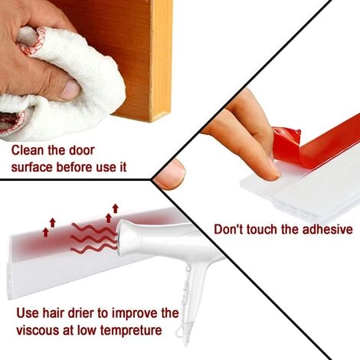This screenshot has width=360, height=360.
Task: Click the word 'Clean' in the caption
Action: click(x=28, y=150)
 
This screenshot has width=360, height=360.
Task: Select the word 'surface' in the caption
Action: click(x=32, y=168)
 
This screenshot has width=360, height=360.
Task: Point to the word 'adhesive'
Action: click(x=328, y=229)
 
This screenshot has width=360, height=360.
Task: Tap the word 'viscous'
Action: click(x=38, y=330)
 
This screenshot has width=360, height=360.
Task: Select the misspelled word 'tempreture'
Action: click(x=131, y=331)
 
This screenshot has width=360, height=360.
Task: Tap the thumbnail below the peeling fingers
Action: click(x=169, y=175)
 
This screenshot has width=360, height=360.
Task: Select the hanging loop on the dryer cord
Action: click(x=181, y=332)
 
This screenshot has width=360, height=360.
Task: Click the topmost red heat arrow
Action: click(x=116, y=208)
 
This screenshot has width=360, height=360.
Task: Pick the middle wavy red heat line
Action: click(x=93, y=239)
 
